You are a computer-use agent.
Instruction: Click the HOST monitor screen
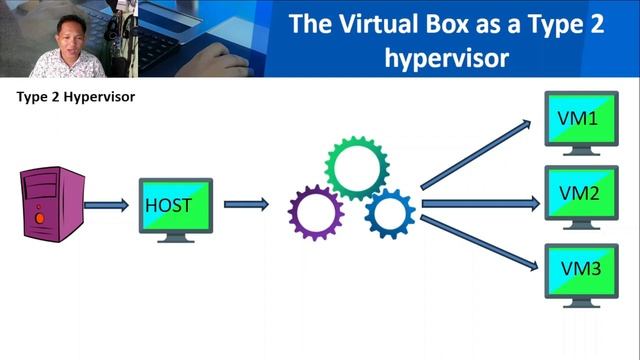click(176, 205)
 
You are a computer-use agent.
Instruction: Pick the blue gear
click(389, 212)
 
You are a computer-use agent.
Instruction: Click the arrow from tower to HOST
click(106, 205)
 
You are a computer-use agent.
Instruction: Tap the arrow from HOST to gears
click(246, 205)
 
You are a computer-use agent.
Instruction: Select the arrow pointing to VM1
click(474, 154)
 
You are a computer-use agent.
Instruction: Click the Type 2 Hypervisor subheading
click(76, 98)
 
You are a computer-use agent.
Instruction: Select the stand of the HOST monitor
click(176, 236)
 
